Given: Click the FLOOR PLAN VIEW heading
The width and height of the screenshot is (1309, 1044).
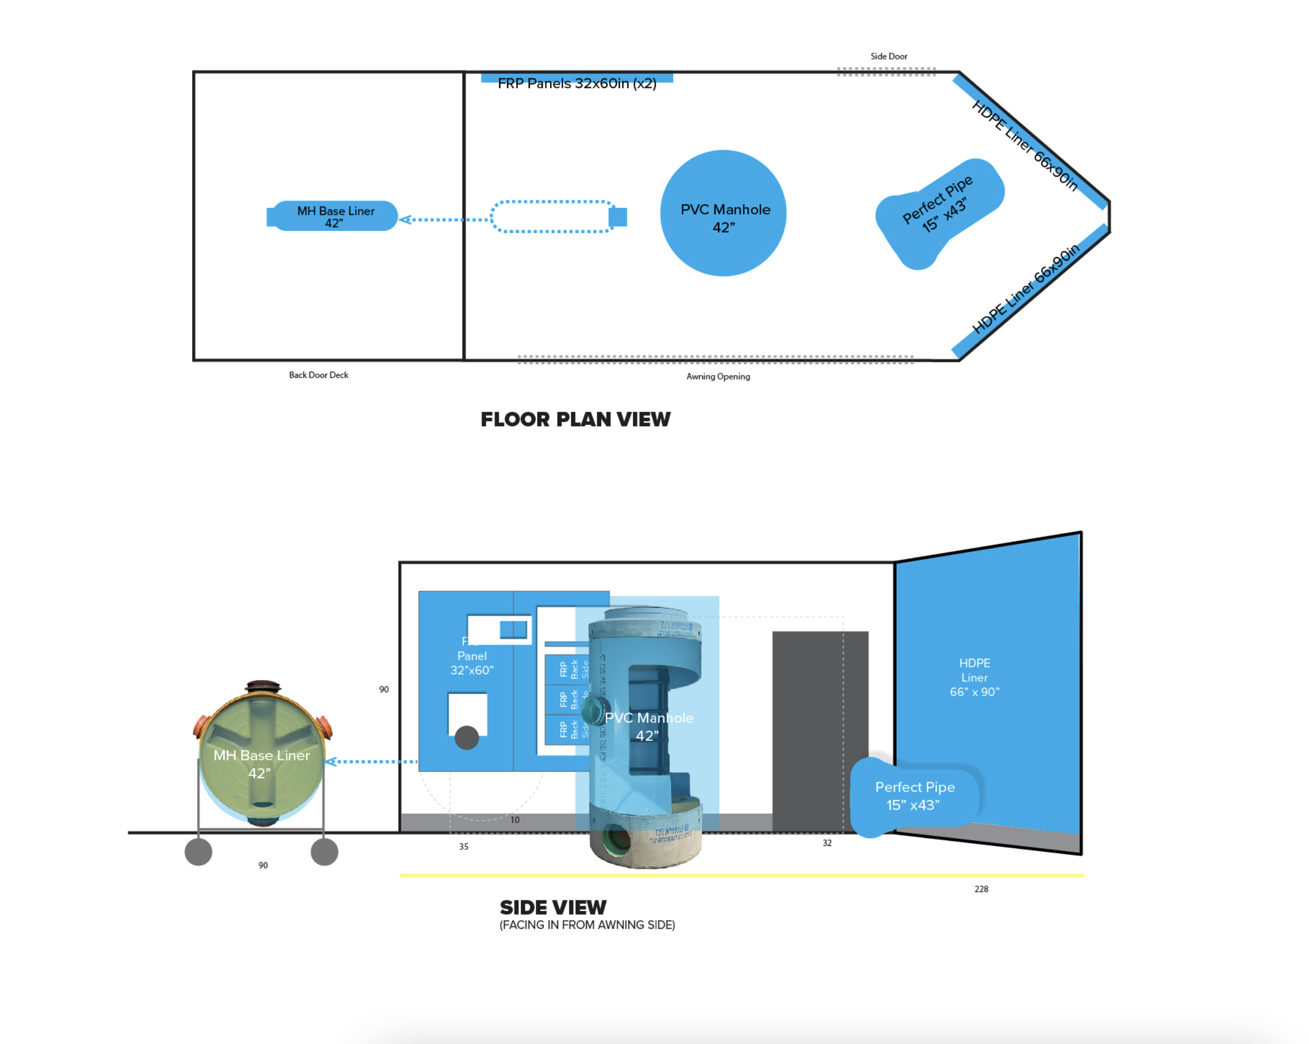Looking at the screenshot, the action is (x=575, y=419).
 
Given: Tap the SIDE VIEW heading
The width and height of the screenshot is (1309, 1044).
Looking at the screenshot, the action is (x=552, y=907).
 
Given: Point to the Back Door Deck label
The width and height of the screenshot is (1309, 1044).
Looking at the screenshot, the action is (x=318, y=374).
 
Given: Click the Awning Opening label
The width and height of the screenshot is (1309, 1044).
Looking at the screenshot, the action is (x=717, y=377).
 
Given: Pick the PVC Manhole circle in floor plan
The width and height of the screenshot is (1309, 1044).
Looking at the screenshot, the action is (x=723, y=213).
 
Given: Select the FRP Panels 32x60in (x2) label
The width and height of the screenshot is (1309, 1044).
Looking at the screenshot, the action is (x=577, y=83).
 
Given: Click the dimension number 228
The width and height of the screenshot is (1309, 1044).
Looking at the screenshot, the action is (x=981, y=889).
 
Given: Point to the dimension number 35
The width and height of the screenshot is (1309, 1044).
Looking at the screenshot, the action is (x=464, y=846).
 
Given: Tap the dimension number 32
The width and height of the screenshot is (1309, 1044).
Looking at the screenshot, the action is (x=827, y=843).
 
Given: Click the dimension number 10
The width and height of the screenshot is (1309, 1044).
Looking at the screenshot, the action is (x=515, y=819).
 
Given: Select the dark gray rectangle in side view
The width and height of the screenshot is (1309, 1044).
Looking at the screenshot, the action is (x=820, y=729).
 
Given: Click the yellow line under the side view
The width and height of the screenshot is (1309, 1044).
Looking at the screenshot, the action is (x=741, y=875).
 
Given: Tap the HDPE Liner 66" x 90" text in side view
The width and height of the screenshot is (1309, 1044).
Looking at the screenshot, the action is (x=974, y=677).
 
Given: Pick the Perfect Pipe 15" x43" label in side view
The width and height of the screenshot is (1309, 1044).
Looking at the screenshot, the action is (x=914, y=795).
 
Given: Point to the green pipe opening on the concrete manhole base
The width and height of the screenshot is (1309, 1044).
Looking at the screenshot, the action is (x=618, y=839).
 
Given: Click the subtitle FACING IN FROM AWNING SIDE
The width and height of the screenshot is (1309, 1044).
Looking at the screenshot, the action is (x=587, y=924).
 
